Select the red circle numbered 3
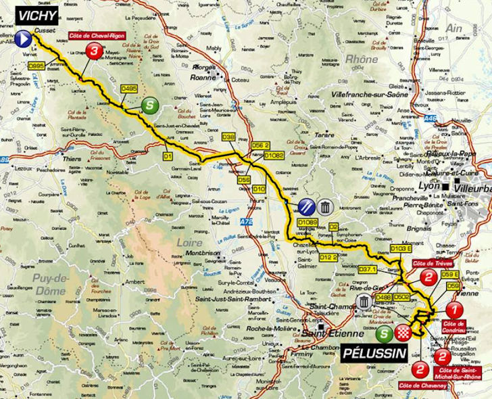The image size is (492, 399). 96,51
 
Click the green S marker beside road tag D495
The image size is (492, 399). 149,105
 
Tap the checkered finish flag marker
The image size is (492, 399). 403,332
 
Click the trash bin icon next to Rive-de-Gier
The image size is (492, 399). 364,302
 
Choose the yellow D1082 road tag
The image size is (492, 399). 274,155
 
